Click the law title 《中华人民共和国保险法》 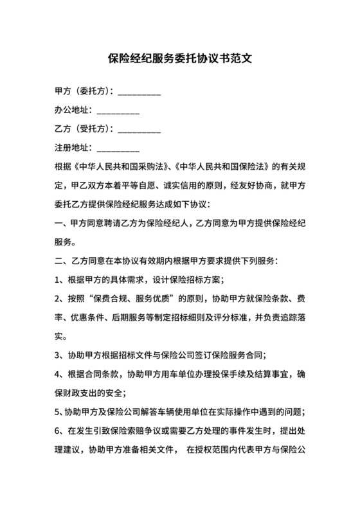219,168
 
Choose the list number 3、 59,355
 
